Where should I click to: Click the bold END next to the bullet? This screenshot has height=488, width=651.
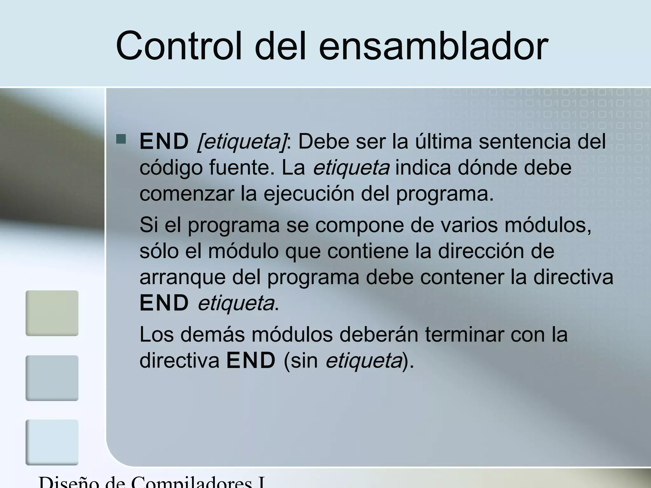(164, 142)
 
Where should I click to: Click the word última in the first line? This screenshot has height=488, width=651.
(443, 141)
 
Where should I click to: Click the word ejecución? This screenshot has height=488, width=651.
(309, 194)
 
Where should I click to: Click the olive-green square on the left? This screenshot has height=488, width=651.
(52, 313)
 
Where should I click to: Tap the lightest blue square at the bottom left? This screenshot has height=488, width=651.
(52, 442)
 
